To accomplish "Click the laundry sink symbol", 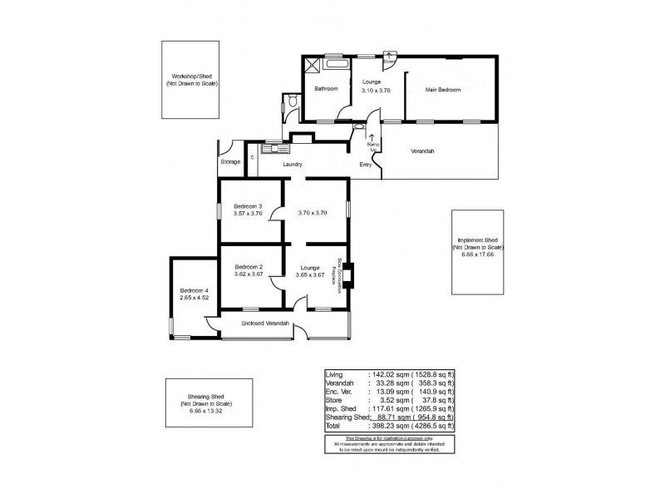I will coord(273,149).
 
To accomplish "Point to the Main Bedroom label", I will coord(442,89).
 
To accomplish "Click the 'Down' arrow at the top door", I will coord(389,59).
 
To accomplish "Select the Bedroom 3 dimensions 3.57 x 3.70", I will coord(248,214).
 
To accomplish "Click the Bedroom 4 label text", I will coord(193,289).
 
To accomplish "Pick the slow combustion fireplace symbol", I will coord(349,274).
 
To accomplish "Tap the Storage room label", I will coord(230,161).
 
